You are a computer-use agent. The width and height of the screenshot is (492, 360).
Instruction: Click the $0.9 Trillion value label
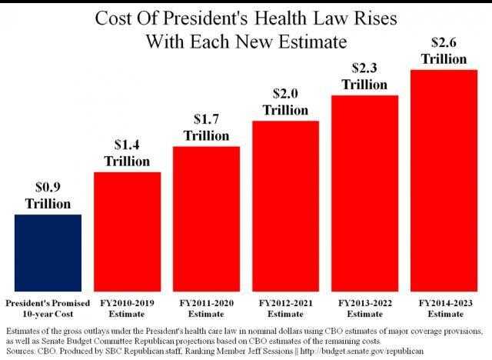pyautogui.click(x=48, y=195)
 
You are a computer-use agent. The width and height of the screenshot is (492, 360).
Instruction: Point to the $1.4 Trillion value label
pyautogui.click(x=127, y=153)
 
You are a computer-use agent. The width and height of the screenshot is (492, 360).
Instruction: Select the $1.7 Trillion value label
pyautogui.click(x=206, y=128)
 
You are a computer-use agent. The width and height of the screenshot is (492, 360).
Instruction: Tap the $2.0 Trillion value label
pyautogui.click(x=285, y=102)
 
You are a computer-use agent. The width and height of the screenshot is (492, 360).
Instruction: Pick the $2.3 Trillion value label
pyautogui.click(x=364, y=77)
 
